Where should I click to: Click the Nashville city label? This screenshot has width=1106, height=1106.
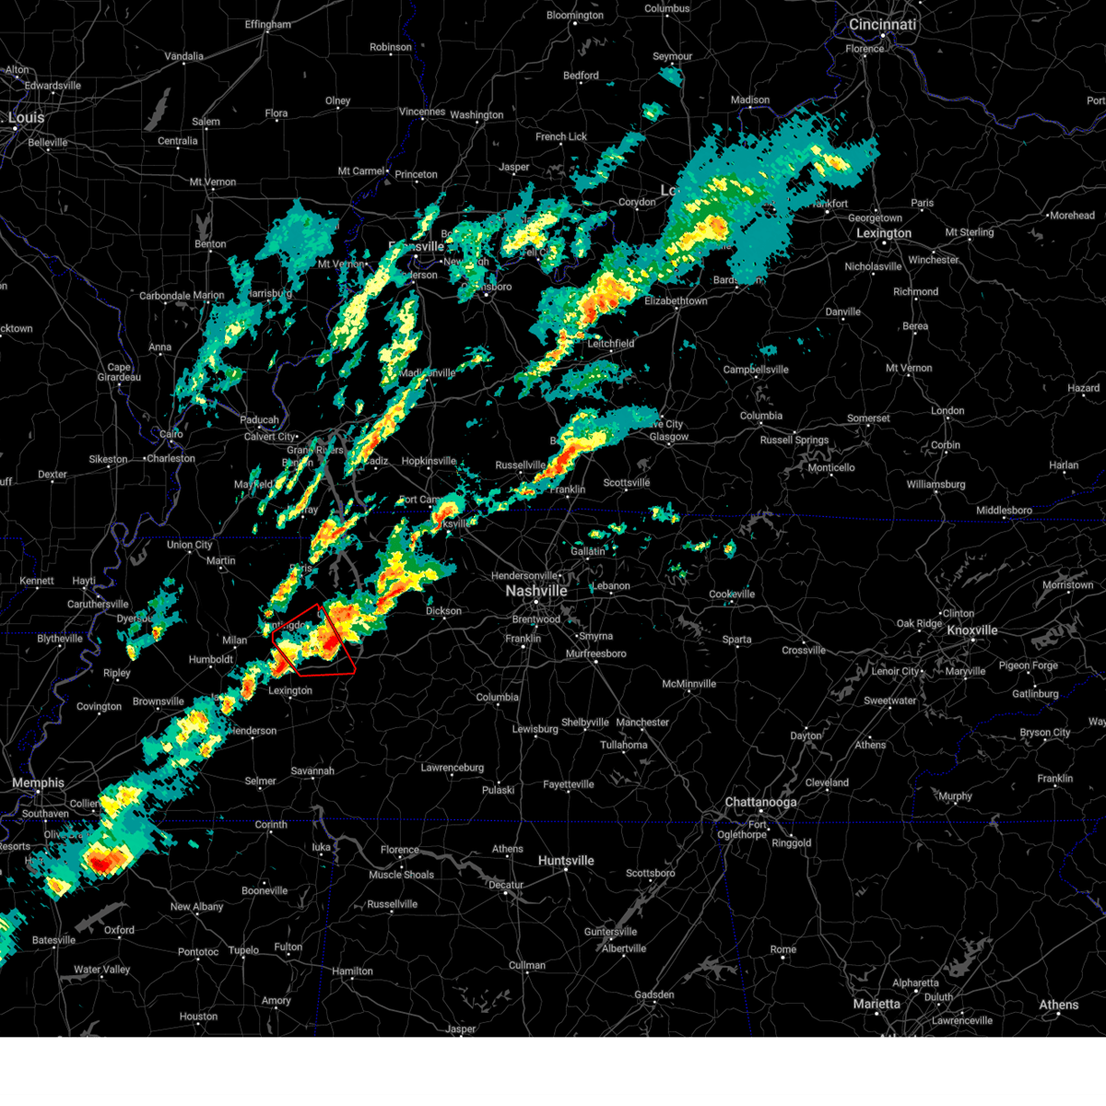click(x=535, y=591)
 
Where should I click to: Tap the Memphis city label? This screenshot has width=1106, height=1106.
click(x=38, y=783)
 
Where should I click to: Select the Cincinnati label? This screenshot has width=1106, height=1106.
click(x=882, y=25)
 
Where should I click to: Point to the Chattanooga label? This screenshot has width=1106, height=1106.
click(x=760, y=803)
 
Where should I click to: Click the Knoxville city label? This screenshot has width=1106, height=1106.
click(x=972, y=630)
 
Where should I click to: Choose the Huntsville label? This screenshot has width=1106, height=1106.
click(x=566, y=861)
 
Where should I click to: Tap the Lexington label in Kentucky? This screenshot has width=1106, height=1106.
click(x=883, y=233)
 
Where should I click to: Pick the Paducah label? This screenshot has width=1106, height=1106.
click(x=259, y=420)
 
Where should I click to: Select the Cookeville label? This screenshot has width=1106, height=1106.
click(x=732, y=594)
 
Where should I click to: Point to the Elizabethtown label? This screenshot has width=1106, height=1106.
click(x=676, y=301)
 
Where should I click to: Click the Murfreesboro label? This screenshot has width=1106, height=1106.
click(x=596, y=654)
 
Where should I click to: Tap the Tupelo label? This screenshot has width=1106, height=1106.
click(x=243, y=950)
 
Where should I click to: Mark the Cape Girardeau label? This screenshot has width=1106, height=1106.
click(x=119, y=372)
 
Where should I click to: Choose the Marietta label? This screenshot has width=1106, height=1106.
click(x=877, y=1004)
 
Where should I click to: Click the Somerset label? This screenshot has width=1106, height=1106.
click(x=868, y=418)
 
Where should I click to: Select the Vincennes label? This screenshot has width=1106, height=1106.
click(x=422, y=112)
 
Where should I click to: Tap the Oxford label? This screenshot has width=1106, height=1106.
click(x=119, y=930)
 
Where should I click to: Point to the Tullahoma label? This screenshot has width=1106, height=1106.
click(x=624, y=745)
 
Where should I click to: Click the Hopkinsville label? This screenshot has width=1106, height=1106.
click(x=429, y=461)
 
